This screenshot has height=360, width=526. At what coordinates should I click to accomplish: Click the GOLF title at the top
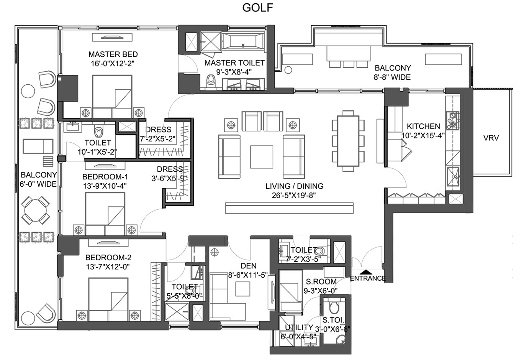[258, 8]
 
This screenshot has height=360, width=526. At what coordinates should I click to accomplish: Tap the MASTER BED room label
[113, 54]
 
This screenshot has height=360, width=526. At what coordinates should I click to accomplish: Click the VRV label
[491, 138]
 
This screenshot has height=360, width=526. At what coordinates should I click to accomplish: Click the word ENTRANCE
[368, 279]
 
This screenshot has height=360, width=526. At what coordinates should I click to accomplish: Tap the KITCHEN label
[423, 126]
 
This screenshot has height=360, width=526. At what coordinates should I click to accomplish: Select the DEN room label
[249, 266]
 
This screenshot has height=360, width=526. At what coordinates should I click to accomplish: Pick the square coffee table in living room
[262, 157]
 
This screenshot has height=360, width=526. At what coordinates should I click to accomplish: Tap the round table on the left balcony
[35, 210]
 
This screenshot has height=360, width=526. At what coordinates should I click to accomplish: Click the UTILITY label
[299, 327]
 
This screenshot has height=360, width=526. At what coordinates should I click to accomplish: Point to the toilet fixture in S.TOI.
[334, 306]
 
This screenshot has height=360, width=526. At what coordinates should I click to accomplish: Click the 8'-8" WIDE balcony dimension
[392, 77]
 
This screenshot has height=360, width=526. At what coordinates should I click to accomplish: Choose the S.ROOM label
[321, 282]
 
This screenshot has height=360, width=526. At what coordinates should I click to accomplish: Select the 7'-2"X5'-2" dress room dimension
[158, 139]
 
